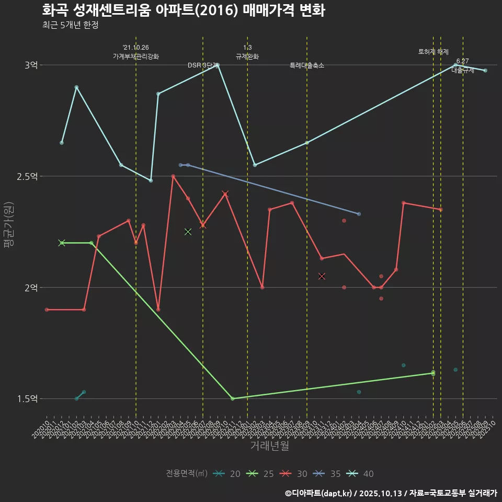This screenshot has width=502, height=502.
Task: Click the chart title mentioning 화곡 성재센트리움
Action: pos(184,10)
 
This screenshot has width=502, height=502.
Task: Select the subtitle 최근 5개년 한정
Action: pos(71,25)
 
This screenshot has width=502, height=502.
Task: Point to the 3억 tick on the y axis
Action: pos(30,65)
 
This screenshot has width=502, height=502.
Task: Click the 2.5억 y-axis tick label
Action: pos(27,177)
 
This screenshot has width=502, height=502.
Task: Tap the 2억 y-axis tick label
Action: pos(30,288)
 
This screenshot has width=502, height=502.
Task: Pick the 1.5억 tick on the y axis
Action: pos(27,399)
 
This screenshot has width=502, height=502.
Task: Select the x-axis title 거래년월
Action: pos(269,446)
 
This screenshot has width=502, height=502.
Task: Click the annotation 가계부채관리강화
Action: pos(136,56)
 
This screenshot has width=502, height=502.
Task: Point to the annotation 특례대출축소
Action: pos(307,65)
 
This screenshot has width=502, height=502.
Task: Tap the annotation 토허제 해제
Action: pos(433,52)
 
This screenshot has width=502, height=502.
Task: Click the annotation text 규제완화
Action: pos(247,56)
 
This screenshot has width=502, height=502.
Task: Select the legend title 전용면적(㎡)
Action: pos(187,474)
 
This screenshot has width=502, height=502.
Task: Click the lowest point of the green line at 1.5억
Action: pos(233,398)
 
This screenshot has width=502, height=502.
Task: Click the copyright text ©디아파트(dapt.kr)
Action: pos(320,493)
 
